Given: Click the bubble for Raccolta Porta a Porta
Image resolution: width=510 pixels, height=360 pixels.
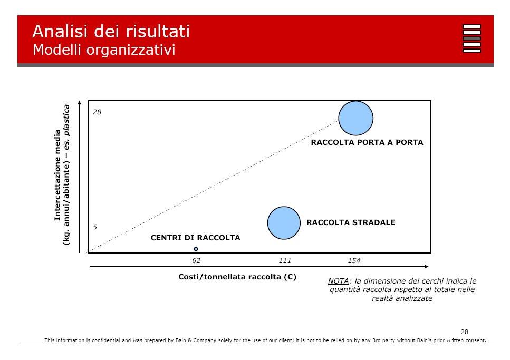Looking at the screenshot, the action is coord(355,118).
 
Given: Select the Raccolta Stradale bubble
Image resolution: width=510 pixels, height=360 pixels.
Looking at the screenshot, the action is coord(284,223).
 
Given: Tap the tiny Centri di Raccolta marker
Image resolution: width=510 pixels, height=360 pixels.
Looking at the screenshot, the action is coord(196,249).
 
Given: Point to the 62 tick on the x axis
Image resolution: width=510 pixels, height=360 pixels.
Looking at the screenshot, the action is coord(196,260).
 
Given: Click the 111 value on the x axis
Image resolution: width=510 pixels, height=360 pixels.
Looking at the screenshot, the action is coord(285,260).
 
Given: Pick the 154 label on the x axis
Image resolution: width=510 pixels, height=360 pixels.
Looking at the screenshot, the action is coord(354,260).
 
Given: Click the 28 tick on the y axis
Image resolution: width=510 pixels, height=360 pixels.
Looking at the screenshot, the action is coord(97,112).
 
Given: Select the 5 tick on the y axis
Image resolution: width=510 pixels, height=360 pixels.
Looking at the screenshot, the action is coord(94,227).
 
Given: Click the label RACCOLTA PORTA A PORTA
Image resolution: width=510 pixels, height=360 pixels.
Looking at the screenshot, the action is coord(367,142).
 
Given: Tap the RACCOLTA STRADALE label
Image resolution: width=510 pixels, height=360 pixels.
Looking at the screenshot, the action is coord(351,222).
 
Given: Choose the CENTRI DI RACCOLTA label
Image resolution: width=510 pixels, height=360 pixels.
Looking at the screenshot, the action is coord(196,238).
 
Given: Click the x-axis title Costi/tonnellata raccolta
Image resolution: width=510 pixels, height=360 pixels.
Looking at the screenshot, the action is coord(237,277).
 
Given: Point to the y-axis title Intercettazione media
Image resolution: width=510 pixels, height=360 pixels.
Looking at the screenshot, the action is coord(57,176).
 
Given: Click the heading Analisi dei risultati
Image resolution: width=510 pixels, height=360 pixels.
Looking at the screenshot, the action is coord(111,32).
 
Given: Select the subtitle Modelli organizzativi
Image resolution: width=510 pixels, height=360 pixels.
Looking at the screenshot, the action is coord(104,50).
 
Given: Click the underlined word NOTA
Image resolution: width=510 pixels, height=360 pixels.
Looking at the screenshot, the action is coord(338,281).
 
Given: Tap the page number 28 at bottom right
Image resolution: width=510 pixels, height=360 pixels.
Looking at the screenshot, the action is coord(465,332).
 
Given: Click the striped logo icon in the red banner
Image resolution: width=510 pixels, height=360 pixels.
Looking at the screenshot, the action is coord(471,38).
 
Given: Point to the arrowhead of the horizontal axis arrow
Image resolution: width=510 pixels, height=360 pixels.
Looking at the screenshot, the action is coord(427,267).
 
